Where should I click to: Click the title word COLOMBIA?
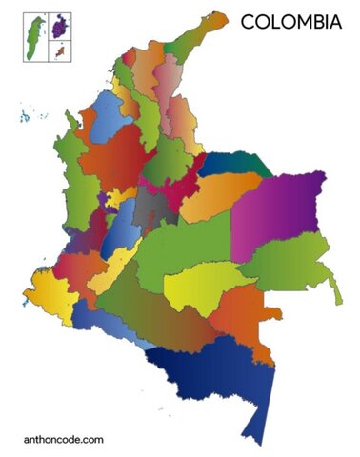(x=290, y=22)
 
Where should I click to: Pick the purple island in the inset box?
(x=61, y=27)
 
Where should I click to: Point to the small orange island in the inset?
(x=61, y=51)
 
